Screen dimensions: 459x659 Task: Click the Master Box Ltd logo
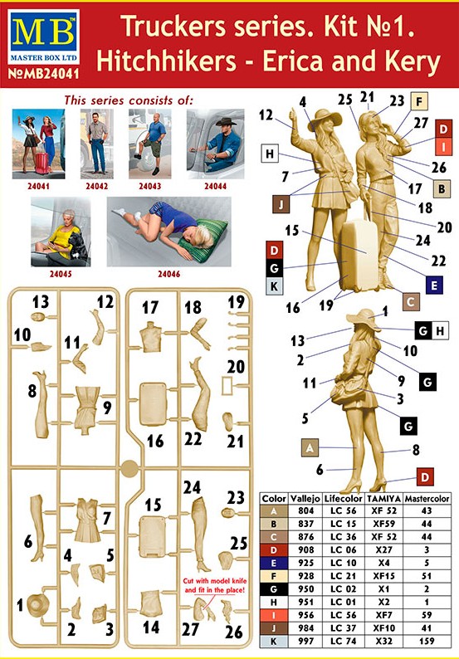click(x=43, y=37)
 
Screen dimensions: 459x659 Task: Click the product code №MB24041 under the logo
click(x=43, y=74)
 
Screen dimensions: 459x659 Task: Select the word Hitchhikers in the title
click(x=167, y=61)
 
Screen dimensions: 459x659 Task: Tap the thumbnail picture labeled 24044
click(x=215, y=144)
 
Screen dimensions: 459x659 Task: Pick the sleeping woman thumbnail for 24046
click(x=169, y=232)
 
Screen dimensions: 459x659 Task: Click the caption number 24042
click(x=96, y=186)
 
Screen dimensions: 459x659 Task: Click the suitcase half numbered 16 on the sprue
click(x=153, y=403)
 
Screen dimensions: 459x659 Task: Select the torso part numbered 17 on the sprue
click(x=151, y=336)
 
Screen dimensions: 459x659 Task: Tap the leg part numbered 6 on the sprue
click(x=38, y=527)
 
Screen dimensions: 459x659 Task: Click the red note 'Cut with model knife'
click(x=215, y=585)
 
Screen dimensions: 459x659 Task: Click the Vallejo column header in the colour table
click(x=305, y=499)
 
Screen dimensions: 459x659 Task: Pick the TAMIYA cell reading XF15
click(x=383, y=576)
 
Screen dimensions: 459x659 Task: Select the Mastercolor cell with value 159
click(x=427, y=641)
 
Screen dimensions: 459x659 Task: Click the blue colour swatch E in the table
click(x=274, y=563)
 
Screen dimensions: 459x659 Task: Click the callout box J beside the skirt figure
click(x=281, y=204)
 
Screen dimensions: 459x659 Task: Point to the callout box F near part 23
click(x=418, y=101)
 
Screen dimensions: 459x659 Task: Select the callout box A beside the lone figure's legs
click(x=310, y=447)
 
